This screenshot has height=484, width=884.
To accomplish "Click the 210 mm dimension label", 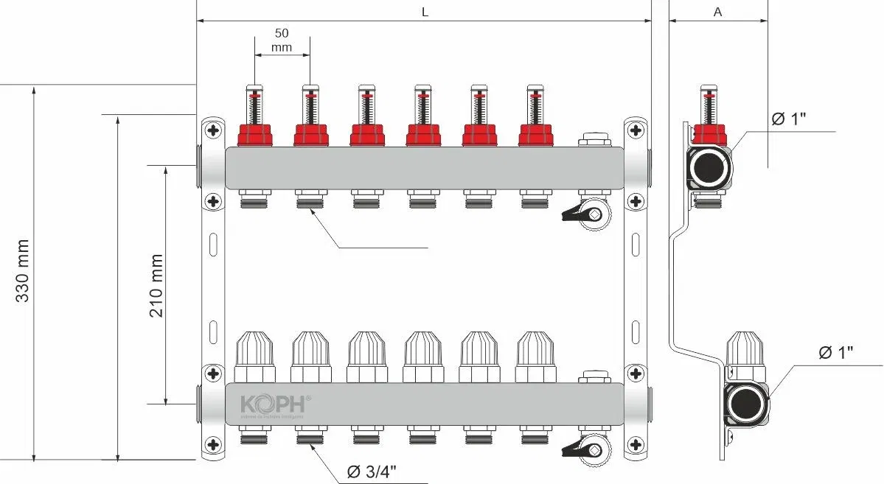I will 156,285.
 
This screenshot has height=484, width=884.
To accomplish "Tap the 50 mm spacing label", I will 281,41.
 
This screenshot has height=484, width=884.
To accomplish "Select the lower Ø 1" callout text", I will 835,352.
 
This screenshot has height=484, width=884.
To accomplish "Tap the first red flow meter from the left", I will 254,134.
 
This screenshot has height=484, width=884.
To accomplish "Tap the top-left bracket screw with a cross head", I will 213,130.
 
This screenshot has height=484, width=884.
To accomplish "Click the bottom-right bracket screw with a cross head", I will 635,444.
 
